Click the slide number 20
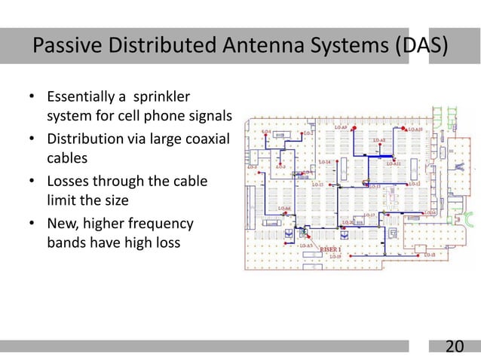tap(454, 346)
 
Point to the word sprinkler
tap(161, 98)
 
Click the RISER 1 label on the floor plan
tap(331, 249)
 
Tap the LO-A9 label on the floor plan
tap(340, 129)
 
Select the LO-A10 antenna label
tap(414, 130)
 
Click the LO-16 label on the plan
tap(430, 213)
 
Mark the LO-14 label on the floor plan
tap(324, 162)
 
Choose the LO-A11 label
tap(393, 163)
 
